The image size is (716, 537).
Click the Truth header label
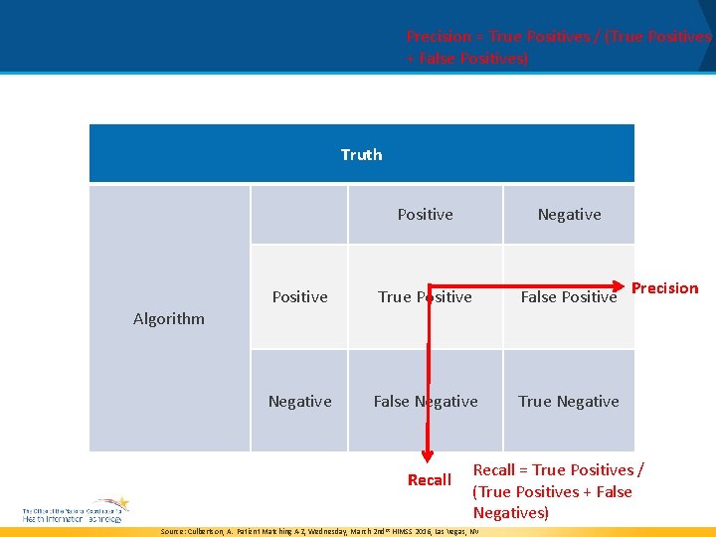coord(361,154)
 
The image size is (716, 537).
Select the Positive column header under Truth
coord(425,215)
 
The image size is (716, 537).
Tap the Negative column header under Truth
coord(569,215)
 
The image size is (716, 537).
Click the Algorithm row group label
coord(169,319)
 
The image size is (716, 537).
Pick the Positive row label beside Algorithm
coord(299,297)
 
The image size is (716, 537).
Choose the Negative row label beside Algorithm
coord(299,402)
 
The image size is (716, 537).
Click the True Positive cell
coord(425,297)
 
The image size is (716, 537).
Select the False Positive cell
coord(569,297)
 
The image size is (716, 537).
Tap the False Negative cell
coord(425,402)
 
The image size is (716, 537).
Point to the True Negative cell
coord(569,402)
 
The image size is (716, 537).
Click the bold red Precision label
coord(665,288)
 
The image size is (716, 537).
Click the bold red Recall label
coord(430,480)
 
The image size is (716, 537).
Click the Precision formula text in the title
coord(559,48)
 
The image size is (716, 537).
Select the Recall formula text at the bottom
coord(558,491)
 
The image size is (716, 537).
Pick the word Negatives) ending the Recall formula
coord(510,513)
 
